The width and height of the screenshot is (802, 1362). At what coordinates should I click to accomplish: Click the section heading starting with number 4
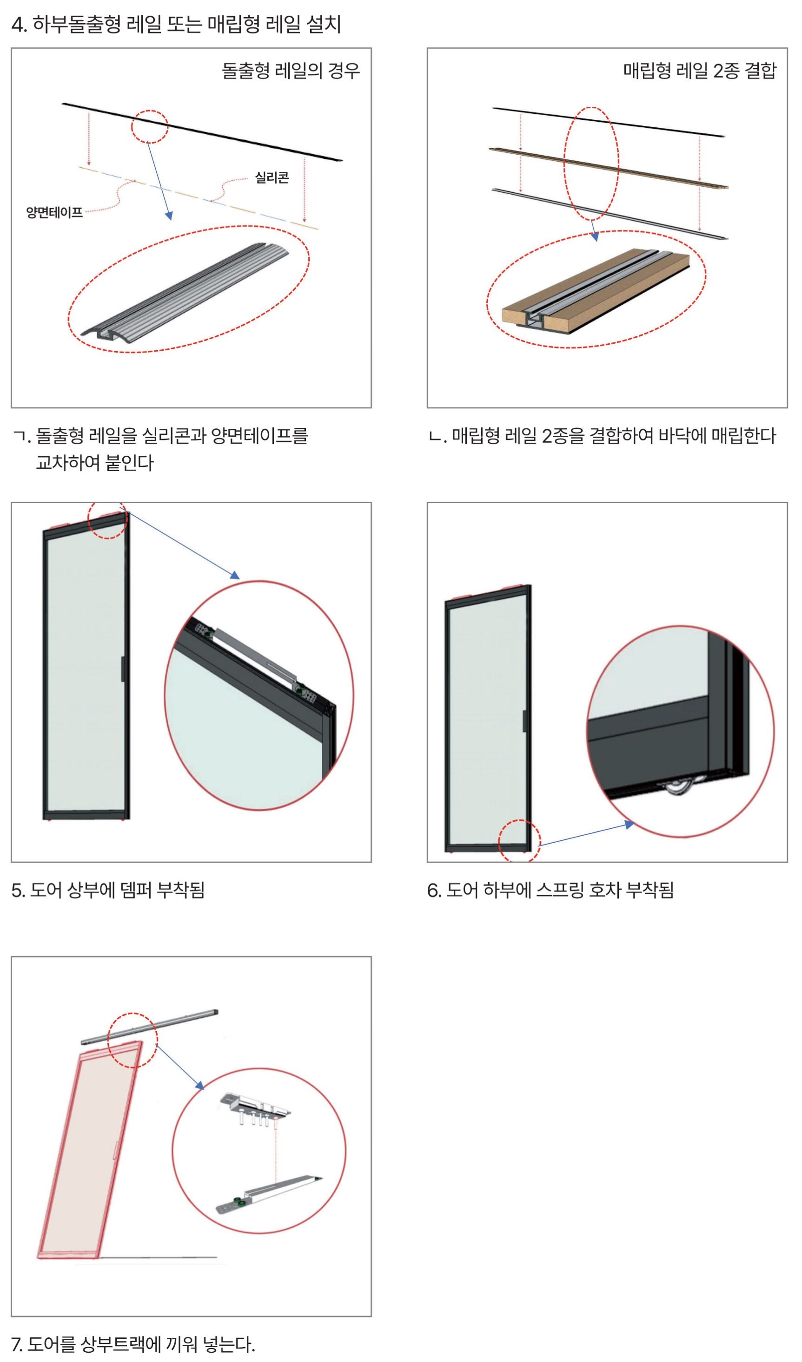tap(176, 24)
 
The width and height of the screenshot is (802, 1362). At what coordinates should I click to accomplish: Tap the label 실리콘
tap(272, 177)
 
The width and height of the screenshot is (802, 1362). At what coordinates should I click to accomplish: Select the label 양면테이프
tap(54, 212)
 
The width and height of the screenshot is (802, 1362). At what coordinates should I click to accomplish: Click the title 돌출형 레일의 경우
tap(291, 71)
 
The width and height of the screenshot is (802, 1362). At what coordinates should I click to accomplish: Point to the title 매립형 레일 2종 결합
tap(700, 70)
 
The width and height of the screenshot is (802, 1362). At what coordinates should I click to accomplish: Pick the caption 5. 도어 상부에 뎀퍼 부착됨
tap(108, 890)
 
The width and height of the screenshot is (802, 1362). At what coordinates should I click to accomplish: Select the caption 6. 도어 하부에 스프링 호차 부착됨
tap(550, 890)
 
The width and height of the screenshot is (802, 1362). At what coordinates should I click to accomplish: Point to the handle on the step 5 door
tap(123, 668)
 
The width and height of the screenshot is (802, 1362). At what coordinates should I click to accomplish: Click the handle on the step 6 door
tap(524, 721)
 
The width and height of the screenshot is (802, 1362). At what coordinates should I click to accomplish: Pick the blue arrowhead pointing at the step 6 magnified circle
tap(629, 824)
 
